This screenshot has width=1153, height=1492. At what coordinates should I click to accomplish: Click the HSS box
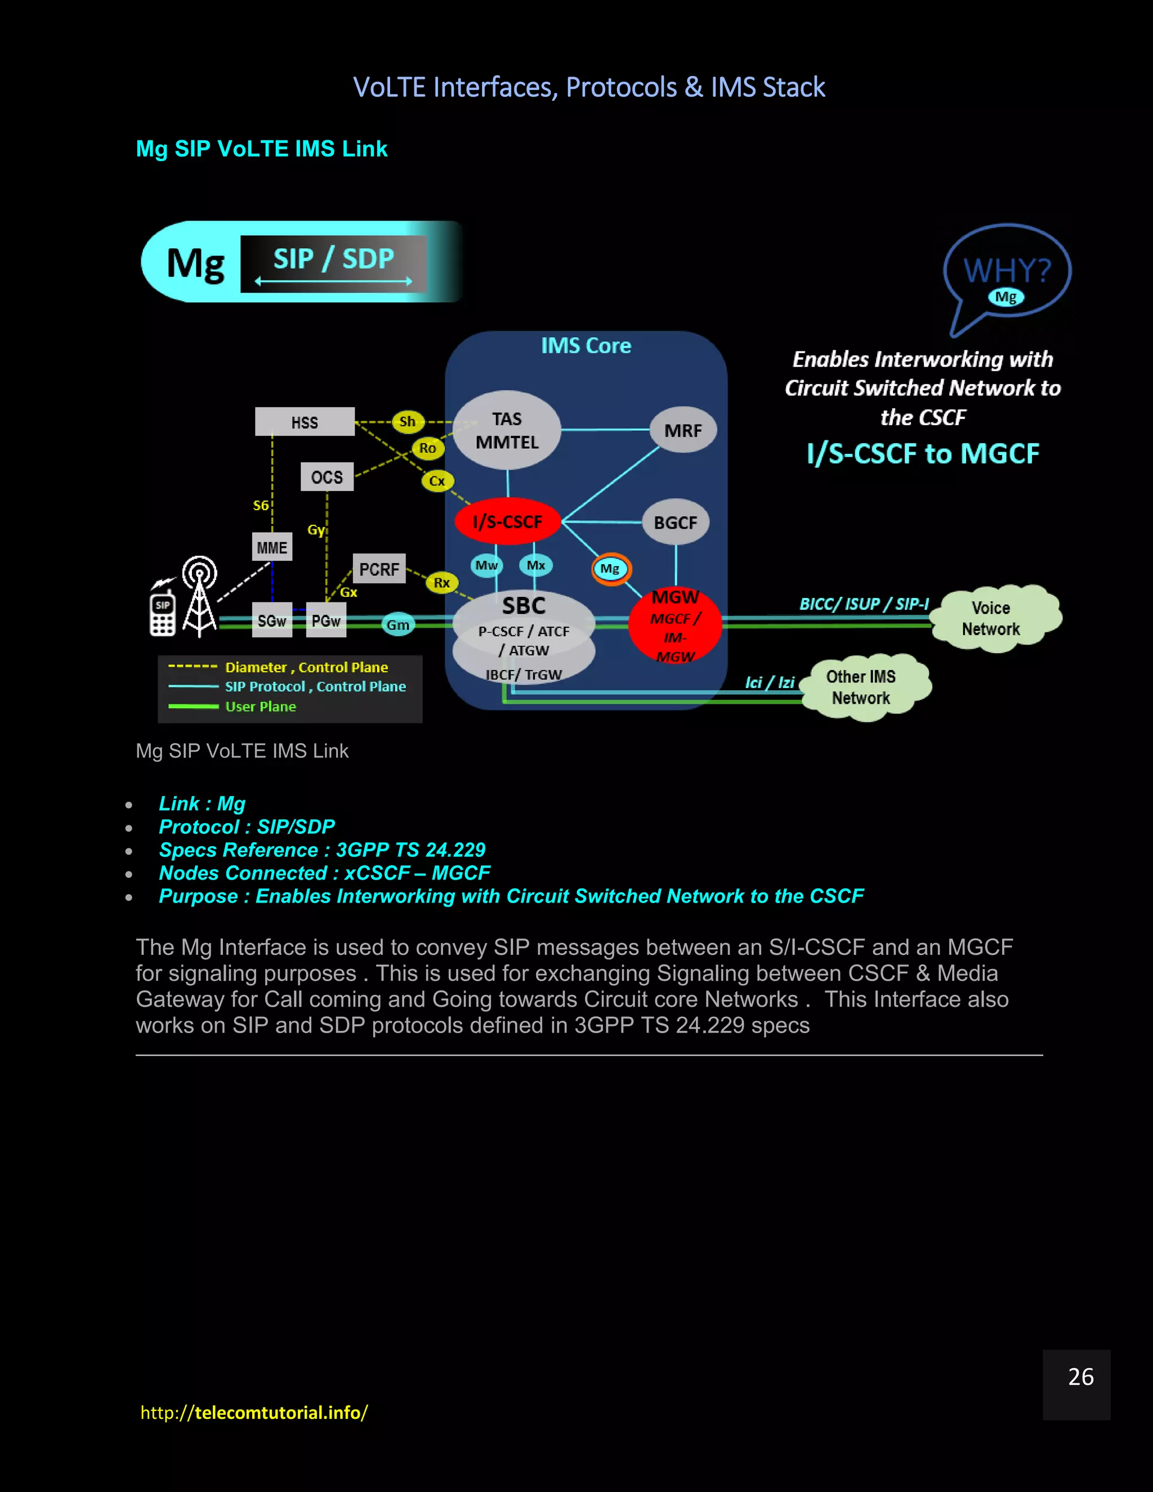[305, 422]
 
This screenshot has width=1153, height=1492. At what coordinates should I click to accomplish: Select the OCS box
[327, 477]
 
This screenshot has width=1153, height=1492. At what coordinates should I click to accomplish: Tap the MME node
[272, 547]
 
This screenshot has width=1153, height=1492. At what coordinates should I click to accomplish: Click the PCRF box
[379, 569]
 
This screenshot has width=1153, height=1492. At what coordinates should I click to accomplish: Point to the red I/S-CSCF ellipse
[507, 521]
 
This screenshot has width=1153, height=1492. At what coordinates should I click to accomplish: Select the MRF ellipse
[682, 430]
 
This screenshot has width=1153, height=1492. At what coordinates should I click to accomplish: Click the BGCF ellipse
[676, 522]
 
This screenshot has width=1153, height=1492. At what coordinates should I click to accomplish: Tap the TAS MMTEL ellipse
[507, 430]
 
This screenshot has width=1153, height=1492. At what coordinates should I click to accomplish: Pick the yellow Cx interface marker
[437, 481]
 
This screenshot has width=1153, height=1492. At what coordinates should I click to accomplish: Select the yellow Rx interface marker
[442, 583]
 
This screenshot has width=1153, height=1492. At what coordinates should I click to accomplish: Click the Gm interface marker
[398, 624]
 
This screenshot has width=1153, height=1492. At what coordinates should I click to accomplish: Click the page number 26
[1080, 1377]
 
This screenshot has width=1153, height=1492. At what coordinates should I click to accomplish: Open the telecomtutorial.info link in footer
[254, 1412]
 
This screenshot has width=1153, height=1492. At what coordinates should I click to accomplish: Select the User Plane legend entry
[260, 707]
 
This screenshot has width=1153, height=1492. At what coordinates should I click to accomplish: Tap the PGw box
[326, 620]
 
